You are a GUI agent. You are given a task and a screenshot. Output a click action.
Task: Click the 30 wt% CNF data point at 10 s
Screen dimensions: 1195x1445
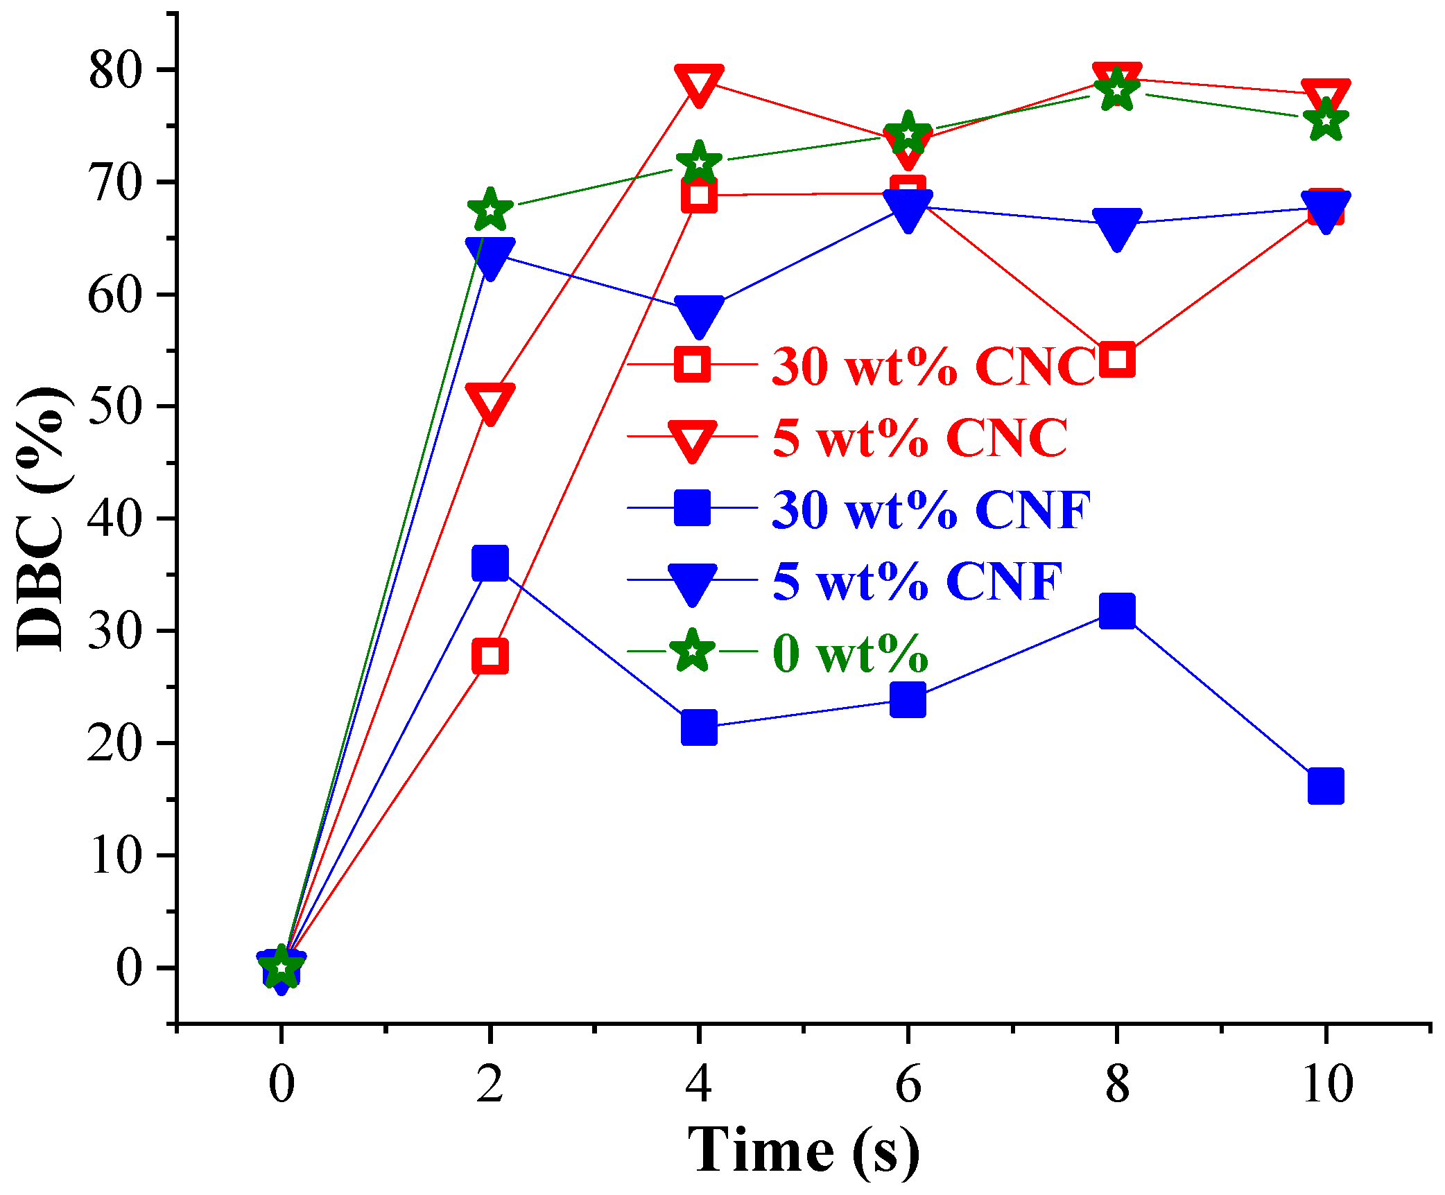point(1325,785)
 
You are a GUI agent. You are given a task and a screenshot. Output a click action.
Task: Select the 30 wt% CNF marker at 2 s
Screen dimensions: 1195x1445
point(490,562)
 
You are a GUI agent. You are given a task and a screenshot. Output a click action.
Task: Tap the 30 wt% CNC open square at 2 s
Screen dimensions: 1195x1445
point(490,656)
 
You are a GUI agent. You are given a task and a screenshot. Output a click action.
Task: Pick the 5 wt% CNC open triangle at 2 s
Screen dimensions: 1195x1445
point(490,401)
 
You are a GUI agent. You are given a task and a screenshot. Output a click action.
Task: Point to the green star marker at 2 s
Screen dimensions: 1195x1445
point(490,209)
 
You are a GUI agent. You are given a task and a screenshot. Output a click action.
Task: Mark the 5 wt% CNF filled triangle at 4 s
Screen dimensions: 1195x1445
point(698,314)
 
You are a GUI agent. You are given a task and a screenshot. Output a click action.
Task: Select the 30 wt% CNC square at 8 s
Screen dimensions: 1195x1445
point(1116,358)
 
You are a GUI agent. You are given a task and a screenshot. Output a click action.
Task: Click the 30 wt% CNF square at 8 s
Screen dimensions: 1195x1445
point(1116,611)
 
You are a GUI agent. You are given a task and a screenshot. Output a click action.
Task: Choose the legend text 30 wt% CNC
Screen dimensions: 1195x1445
point(933,365)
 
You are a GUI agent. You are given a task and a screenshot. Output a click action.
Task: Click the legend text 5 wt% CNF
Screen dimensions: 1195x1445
point(917,581)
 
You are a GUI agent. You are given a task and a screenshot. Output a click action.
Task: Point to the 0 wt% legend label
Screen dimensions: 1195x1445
point(850,653)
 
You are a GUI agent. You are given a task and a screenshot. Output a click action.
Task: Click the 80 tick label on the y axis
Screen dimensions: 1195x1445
point(114,71)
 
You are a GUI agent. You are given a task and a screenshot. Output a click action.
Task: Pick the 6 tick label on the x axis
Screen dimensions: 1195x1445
point(908,1083)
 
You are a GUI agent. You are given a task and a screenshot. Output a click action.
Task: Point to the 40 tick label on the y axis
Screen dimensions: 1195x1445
point(114,519)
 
